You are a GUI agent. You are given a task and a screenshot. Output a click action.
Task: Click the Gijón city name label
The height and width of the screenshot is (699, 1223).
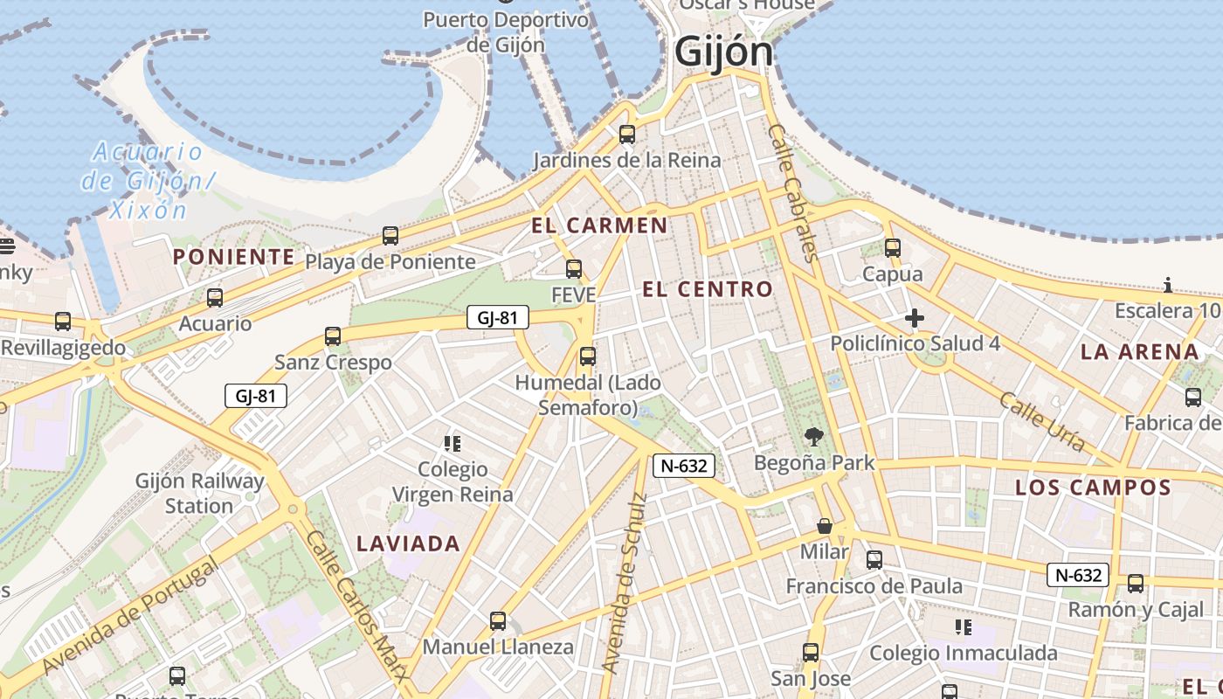(724, 52)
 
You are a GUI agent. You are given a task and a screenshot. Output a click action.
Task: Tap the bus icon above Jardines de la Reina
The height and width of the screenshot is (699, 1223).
(626, 135)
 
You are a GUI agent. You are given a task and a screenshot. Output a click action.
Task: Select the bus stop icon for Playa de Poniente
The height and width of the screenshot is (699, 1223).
(390, 236)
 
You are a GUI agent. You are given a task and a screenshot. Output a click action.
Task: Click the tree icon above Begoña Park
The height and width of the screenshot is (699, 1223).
(814, 436)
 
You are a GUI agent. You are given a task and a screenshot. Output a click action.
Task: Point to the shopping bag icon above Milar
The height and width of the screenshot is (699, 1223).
(824, 526)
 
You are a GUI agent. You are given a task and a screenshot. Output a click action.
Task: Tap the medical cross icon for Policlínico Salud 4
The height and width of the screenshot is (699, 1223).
(915, 318)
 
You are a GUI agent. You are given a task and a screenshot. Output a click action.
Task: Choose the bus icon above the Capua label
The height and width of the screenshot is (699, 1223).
(892, 248)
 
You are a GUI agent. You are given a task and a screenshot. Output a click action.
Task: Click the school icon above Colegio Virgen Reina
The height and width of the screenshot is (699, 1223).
(452, 444)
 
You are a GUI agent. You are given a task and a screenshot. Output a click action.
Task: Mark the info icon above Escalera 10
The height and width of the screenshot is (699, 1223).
(1168, 285)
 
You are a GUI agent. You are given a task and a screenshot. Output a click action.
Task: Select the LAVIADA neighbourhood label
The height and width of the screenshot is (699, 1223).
(408, 543)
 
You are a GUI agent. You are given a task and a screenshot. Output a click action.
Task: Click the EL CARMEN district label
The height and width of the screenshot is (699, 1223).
(599, 225)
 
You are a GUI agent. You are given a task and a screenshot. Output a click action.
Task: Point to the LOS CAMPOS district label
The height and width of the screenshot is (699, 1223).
(1093, 488)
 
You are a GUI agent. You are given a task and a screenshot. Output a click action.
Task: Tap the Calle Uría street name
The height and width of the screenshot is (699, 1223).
(1042, 422)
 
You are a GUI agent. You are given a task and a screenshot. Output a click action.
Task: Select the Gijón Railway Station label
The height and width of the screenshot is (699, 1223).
(199, 493)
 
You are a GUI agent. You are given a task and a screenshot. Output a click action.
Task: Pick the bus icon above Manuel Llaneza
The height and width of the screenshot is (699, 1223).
(498, 621)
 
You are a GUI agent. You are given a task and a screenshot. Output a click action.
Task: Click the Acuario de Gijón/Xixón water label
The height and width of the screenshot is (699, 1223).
(148, 181)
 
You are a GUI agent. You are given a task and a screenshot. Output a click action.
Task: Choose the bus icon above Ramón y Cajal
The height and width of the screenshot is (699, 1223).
(1135, 584)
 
